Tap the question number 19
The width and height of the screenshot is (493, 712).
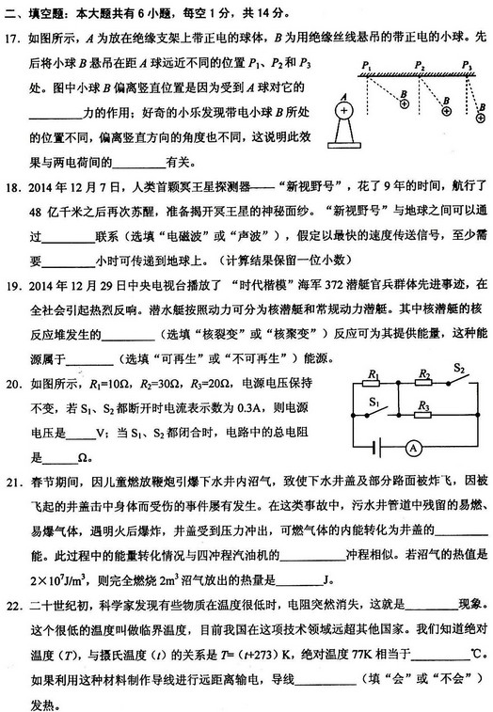point(14,283)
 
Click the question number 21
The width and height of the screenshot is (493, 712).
point(14,482)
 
